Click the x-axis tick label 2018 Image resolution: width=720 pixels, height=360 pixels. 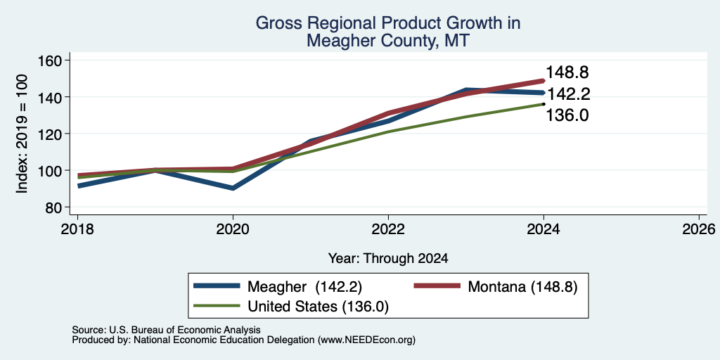coord(77,229)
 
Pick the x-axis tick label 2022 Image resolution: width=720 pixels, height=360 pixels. coord(388,229)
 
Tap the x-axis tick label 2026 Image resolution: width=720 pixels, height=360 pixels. coord(699,229)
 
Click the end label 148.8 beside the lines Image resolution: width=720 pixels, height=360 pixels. coord(567,72)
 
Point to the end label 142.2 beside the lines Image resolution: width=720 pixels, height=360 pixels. coord(567,94)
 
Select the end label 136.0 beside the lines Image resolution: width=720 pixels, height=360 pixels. coord(567,116)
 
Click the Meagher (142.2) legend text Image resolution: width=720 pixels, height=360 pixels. coord(305,287)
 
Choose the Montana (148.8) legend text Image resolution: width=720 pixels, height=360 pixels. coord(522,287)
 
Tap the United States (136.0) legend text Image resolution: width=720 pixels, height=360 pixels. coord(319,307)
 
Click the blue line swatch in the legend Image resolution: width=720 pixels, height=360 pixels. coord(217,286)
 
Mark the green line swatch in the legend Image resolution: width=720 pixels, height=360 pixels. coord(217,306)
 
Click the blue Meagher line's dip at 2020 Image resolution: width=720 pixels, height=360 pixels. coord(233,188)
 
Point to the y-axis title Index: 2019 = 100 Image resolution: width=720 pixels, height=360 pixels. coord(22,134)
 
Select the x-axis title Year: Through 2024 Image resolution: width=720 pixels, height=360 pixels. coord(388,259)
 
